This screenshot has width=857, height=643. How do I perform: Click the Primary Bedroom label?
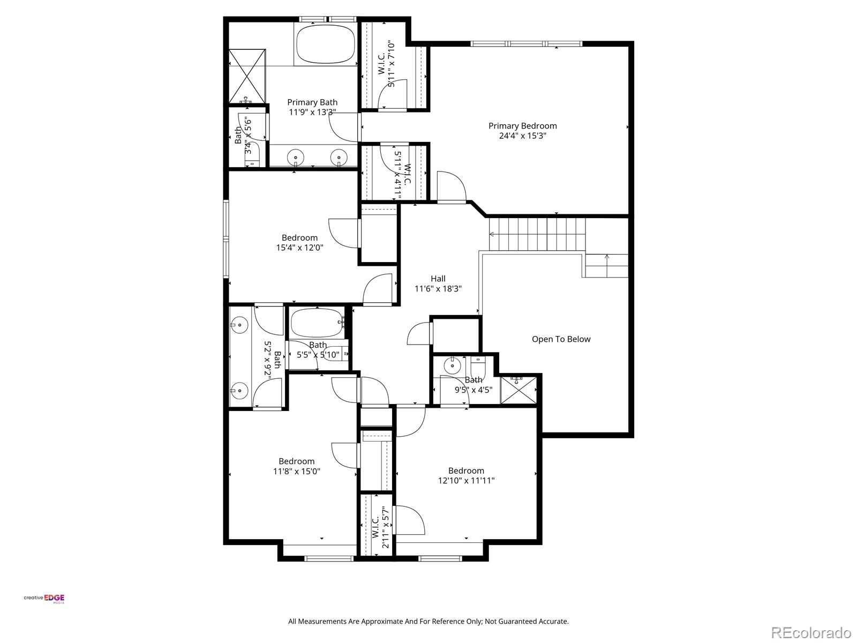[522, 126]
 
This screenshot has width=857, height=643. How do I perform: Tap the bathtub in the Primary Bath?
[326, 46]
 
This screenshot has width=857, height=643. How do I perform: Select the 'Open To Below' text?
[561, 339]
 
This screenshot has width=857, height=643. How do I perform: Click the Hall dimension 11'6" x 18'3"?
[438, 289]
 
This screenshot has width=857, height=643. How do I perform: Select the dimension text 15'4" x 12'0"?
[299, 248]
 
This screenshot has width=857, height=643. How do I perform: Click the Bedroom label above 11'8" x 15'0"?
[296, 461]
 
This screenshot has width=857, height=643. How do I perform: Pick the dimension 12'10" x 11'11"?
[466, 481]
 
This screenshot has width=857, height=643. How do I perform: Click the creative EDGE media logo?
[44, 599]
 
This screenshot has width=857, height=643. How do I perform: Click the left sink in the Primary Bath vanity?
[295, 158]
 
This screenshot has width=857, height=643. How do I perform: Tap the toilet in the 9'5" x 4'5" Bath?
[476, 368]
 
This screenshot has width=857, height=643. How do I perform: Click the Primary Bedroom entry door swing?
[451, 186]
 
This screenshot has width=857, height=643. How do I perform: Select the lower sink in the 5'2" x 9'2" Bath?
[239, 391]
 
